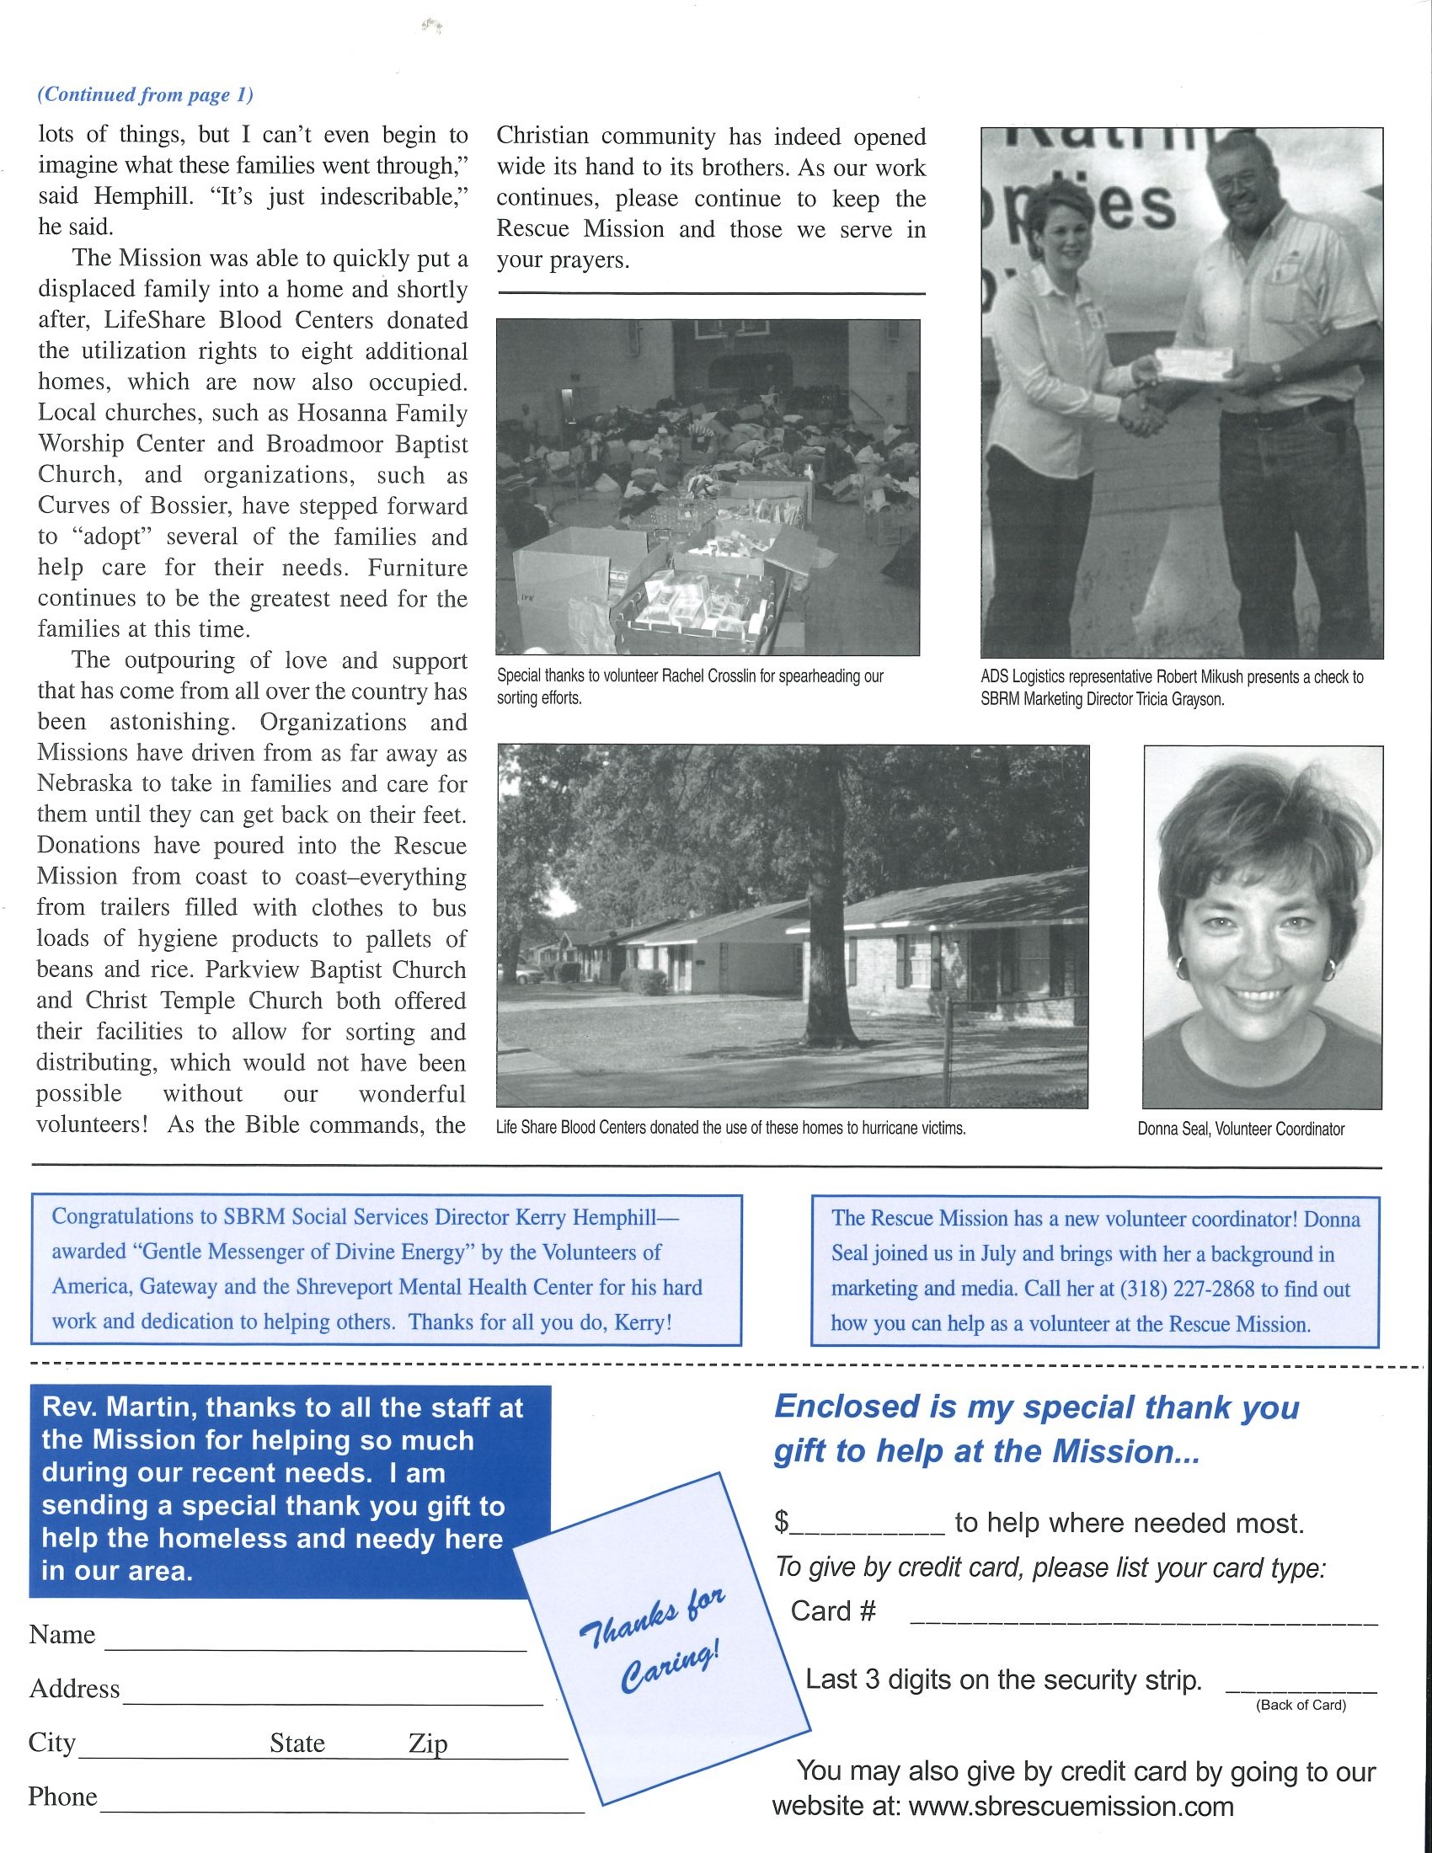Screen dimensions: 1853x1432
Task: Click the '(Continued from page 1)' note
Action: pos(145,94)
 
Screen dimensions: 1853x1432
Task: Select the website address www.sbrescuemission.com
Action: pos(1071,1807)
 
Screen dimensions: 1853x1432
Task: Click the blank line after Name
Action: pos(315,1647)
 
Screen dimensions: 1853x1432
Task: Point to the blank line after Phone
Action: pos(342,1810)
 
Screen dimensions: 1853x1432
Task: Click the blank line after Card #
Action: pos(1143,1621)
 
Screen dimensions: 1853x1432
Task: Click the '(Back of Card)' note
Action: pos(1301,1705)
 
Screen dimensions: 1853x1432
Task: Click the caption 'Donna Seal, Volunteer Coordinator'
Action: pos(1240,1129)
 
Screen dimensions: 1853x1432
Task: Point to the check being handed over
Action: pos(1196,363)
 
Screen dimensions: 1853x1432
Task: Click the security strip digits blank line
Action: pos(1301,1690)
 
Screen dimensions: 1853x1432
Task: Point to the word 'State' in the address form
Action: pos(297,1744)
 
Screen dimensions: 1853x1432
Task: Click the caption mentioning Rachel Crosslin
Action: pos(690,686)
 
